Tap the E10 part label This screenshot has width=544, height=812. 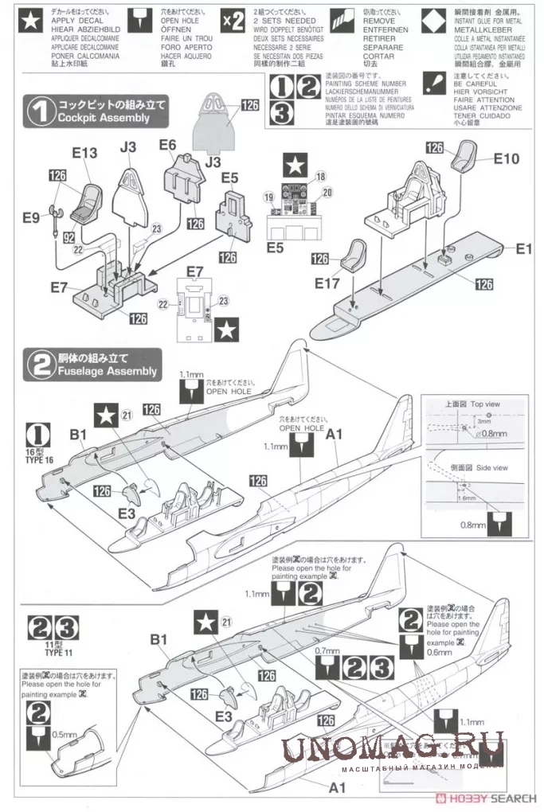[x=507, y=158]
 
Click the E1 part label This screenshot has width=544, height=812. [x=522, y=249]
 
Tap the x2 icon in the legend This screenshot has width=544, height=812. [x=233, y=21]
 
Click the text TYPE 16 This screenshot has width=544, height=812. [x=37, y=460]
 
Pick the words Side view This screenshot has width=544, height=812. [x=491, y=468]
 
